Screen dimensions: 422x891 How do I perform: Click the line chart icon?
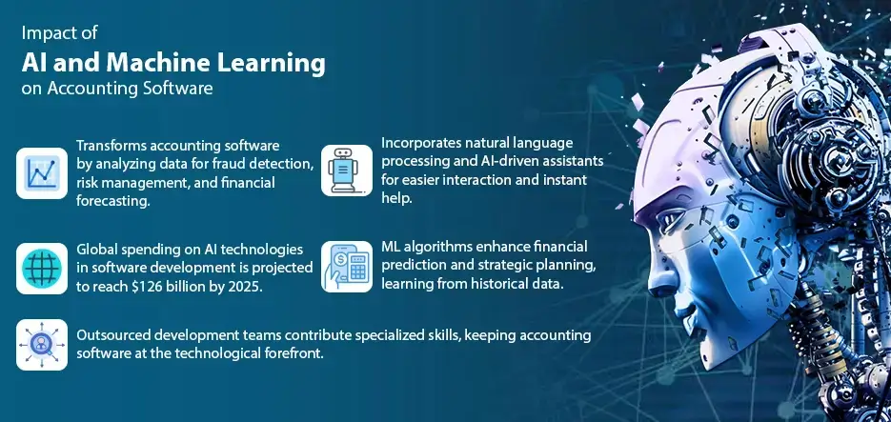[42, 172]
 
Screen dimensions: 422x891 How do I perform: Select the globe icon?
[42, 267]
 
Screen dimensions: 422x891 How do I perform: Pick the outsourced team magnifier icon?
[42, 344]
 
